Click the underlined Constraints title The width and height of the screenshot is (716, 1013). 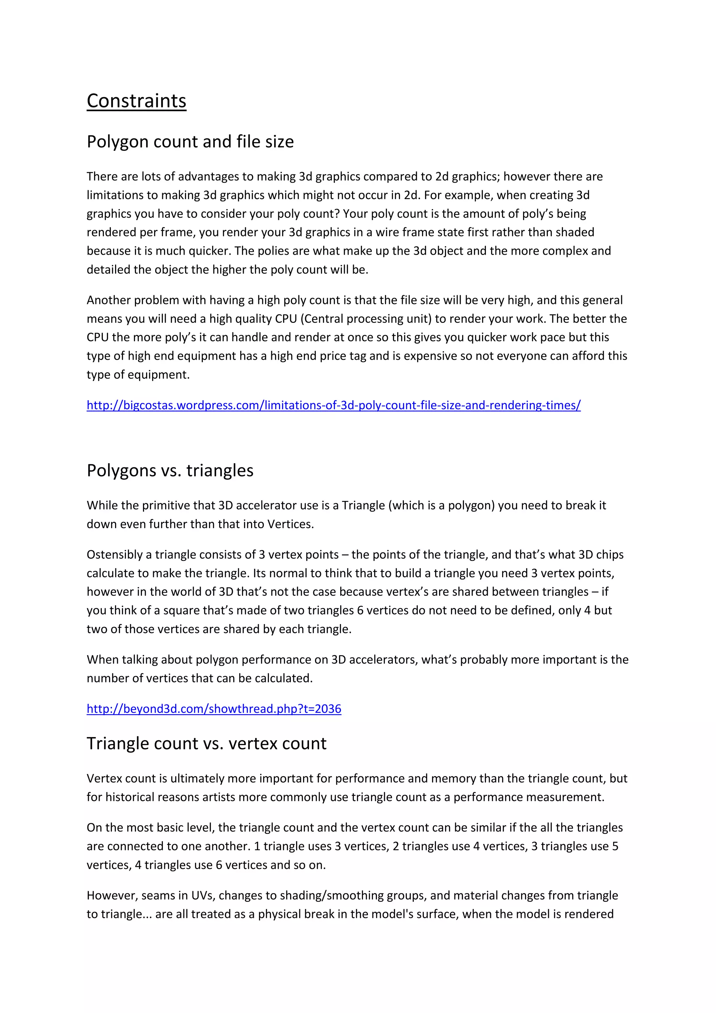click(136, 101)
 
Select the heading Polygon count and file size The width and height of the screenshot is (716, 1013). click(190, 142)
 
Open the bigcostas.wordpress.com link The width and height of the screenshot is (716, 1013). click(333, 405)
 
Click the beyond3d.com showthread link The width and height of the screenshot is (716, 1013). click(214, 709)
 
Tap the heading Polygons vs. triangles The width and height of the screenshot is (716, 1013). click(170, 470)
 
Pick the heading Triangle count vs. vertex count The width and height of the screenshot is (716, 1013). click(206, 743)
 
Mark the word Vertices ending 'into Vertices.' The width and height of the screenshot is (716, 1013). click(291, 524)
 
